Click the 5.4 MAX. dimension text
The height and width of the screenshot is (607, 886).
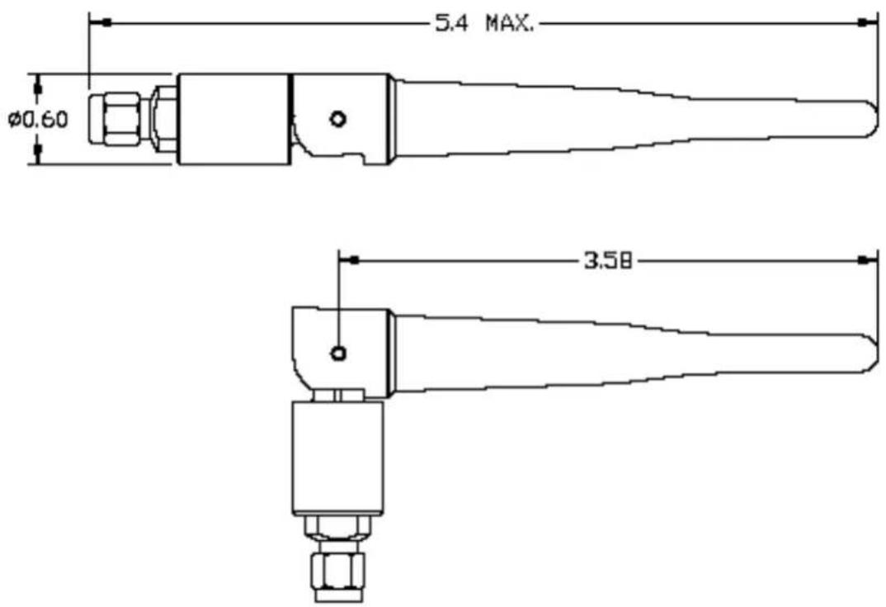tap(483, 24)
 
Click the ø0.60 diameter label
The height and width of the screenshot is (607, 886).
tap(38, 120)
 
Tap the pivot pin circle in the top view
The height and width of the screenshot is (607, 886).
tap(338, 119)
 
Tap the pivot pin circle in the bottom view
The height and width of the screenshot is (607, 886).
tap(338, 353)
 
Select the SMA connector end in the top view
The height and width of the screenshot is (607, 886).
tap(115, 119)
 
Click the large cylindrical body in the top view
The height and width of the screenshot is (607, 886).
tap(233, 120)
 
